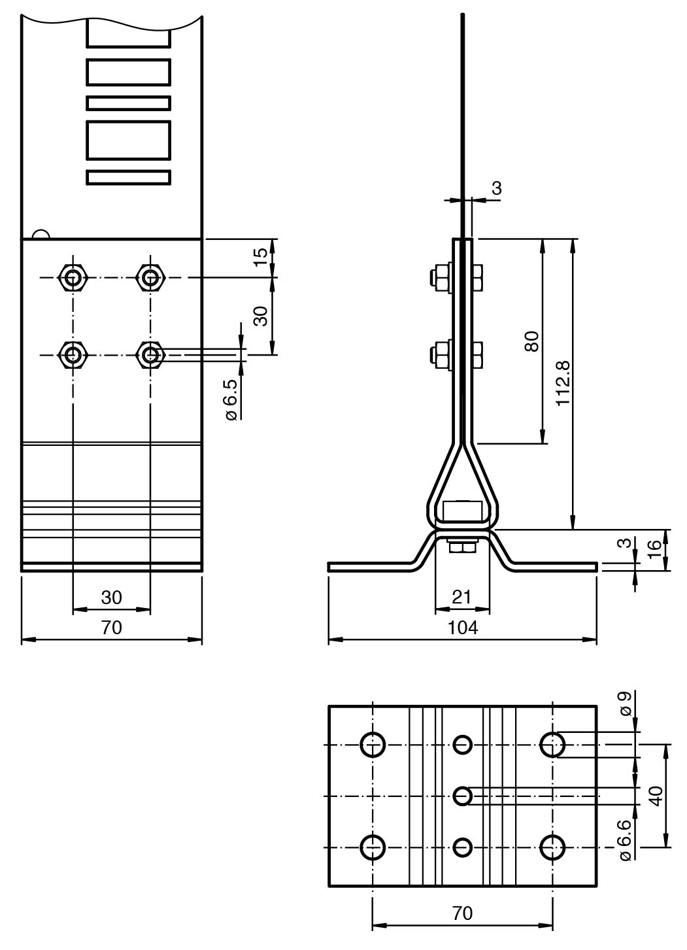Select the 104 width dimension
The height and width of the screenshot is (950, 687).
463,628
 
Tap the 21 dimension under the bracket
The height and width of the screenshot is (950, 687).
461,598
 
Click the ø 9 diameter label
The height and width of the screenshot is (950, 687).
626,704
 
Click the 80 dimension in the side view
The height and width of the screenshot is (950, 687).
532,341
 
